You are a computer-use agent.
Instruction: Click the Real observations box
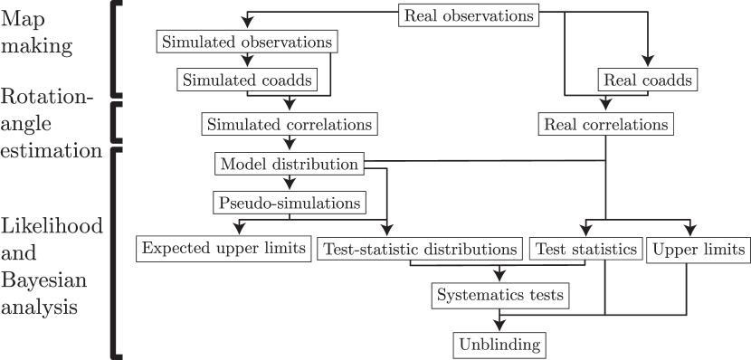[469, 15]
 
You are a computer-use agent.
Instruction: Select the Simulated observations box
[246, 42]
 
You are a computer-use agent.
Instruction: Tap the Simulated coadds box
[247, 80]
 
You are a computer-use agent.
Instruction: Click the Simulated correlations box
[290, 123]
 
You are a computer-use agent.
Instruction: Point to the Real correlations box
[605, 123]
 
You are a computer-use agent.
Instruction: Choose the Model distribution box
[289, 164]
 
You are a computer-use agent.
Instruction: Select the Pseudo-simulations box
[289, 202]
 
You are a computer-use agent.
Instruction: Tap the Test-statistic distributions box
[420, 249]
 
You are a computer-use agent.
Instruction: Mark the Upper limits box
[698, 249]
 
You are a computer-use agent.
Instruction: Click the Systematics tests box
[500, 295]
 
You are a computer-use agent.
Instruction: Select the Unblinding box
[499, 344]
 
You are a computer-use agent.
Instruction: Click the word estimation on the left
[51, 150]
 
